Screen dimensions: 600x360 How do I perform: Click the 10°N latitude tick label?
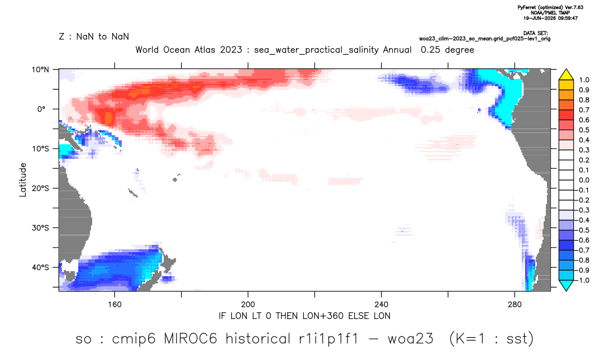41,70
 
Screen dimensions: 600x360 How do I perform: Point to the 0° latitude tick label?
41,109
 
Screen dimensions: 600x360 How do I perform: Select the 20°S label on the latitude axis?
40,188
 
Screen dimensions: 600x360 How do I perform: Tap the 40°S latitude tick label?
40,267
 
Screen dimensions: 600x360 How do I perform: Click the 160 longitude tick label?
115,305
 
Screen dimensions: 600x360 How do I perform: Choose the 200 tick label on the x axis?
248,305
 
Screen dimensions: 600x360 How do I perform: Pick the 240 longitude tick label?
381,305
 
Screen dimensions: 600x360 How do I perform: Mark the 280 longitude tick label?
515,305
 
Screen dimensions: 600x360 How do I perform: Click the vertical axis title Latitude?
23,180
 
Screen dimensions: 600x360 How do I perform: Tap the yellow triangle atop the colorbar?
566,75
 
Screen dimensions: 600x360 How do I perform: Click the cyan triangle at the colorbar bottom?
566,285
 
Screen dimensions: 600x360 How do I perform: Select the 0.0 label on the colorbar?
584,180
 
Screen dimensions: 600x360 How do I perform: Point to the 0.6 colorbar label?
584,120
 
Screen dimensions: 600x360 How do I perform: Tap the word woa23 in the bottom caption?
411,339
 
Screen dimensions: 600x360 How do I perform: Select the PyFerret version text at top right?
550,7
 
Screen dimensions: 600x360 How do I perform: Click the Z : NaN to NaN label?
94,37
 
